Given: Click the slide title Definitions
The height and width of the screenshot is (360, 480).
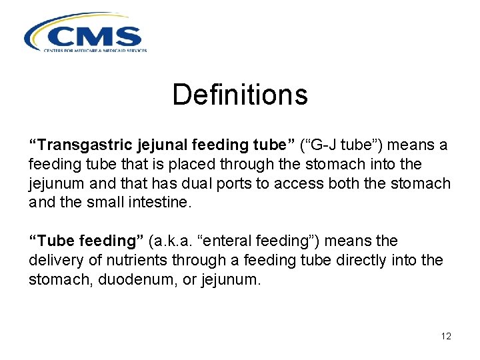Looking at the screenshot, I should (x=240, y=95).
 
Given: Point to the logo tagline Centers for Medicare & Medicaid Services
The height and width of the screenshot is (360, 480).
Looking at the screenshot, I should (x=95, y=50).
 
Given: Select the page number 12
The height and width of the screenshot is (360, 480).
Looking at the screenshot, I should (x=446, y=337).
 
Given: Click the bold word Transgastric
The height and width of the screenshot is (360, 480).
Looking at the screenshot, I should (x=78, y=145).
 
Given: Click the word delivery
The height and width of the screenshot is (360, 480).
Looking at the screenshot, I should (x=53, y=260).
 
